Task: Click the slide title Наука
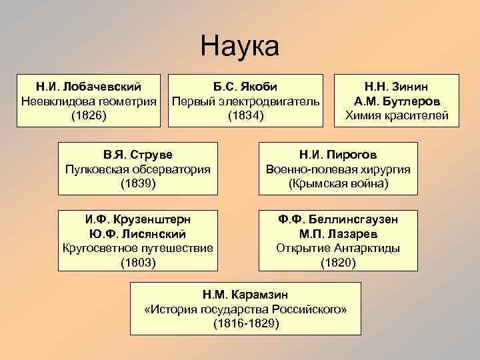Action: coord(239,47)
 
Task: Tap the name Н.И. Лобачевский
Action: coord(89,87)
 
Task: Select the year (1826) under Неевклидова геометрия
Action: coord(89,116)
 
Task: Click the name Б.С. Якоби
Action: coord(245,87)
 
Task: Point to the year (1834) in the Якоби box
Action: coord(245,116)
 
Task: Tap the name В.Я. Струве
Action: coord(138,154)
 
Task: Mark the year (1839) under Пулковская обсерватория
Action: coord(138,183)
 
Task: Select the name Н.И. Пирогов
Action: coord(338,154)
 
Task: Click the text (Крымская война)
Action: coord(338,183)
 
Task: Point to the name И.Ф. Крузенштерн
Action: coord(138,219)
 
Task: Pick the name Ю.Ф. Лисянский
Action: coord(138,234)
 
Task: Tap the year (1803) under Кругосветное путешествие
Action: coord(138,263)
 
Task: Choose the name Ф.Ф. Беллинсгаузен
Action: coord(338,219)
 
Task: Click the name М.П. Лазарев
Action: coord(338,234)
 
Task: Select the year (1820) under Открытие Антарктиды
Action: coord(338,263)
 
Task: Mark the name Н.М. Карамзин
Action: coord(245,294)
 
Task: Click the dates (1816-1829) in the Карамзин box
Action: coord(245,323)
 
